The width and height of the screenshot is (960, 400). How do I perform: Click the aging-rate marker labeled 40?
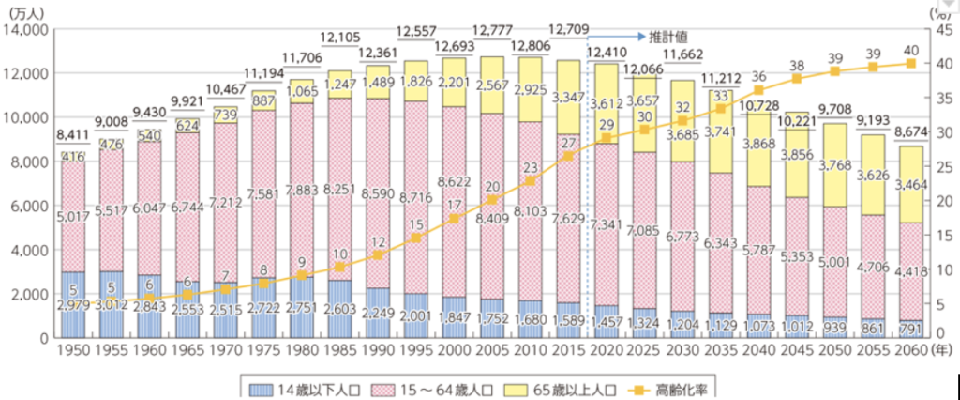pos(908,64)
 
